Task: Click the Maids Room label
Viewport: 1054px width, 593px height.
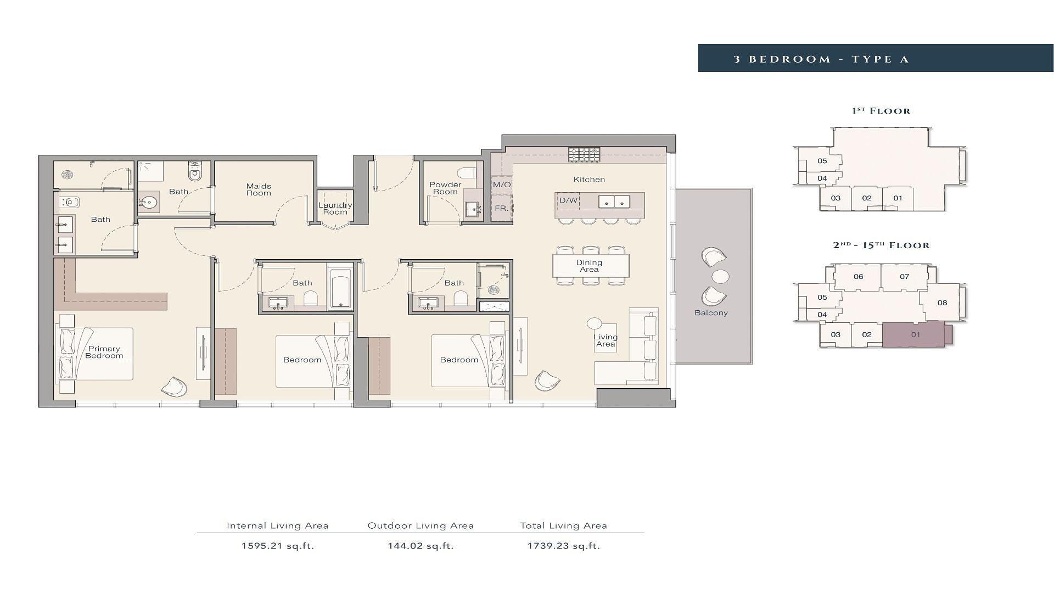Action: pyautogui.click(x=259, y=189)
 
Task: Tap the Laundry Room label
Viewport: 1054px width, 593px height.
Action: pyautogui.click(x=335, y=209)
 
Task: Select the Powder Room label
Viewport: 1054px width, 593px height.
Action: pyautogui.click(x=445, y=188)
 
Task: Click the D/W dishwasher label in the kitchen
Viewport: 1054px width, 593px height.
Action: pyautogui.click(x=568, y=200)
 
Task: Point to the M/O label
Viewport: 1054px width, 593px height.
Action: pyautogui.click(x=502, y=184)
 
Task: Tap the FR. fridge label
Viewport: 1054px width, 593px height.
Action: pyautogui.click(x=501, y=209)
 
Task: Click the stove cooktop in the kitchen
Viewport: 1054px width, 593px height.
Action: pyautogui.click(x=584, y=154)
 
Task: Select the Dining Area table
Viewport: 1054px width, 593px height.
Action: pyautogui.click(x=591, y=266)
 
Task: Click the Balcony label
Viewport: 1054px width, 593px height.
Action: pyautogui.click(x=711, y=313)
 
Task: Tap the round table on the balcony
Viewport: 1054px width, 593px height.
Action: pyautogui.click(x=720, y=276)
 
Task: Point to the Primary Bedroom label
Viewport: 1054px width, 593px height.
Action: pyautogui.click(x=104, y=352)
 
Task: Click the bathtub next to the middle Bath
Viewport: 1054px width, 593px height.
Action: pyautogui.click(x=340, y=287)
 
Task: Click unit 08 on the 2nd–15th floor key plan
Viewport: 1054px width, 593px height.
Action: pyautogui.click(x=942, y=303)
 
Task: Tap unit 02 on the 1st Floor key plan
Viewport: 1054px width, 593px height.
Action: pyautogui.click(x=867, y=198)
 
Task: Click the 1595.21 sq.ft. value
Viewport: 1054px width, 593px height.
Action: pyautogui.click(x=278, y=546)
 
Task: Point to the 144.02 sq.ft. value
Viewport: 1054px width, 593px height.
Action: pyautogui.click(x=421, y=546)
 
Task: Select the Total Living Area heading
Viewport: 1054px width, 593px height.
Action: pyautogui.click(x=564, y=525)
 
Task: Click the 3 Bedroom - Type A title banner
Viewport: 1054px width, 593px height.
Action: pyautogui.click(x=876, y=58)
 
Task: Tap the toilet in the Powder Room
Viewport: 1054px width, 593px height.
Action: pyautogui.click(x=469, y=173)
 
